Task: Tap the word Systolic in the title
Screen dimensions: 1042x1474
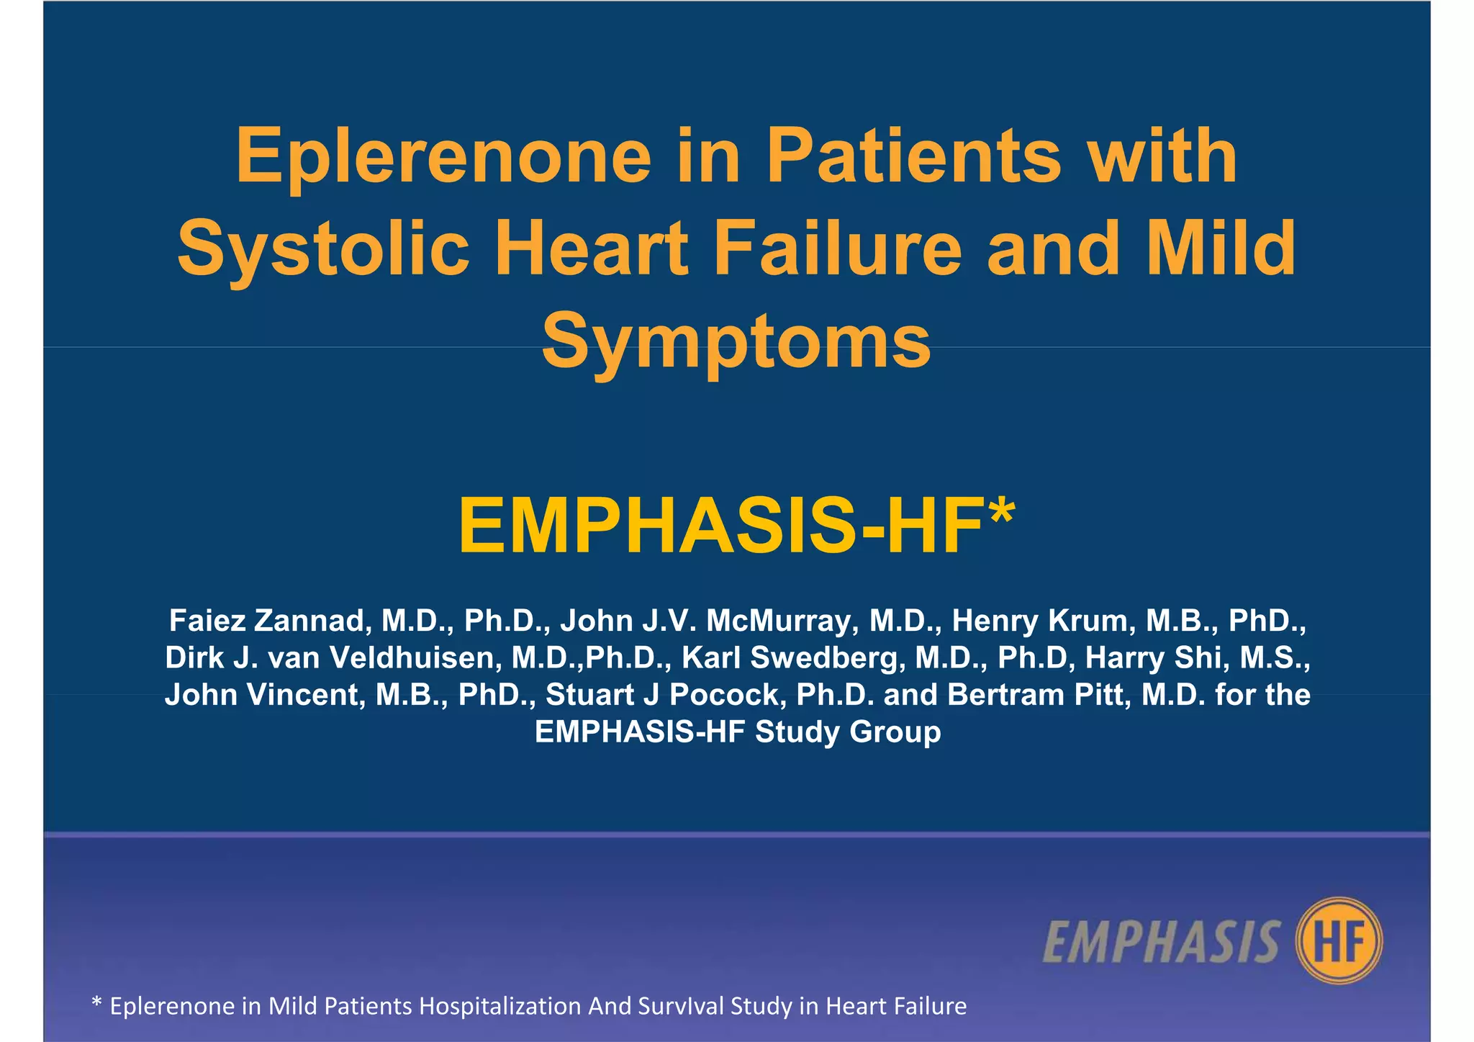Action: coord(323,250)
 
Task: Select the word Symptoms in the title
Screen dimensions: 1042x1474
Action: coord(736,341)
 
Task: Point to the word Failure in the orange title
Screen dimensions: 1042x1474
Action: coord(837,248)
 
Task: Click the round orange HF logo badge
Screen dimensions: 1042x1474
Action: coord(1338,940)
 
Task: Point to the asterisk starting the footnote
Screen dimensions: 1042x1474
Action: coord(96,1002)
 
